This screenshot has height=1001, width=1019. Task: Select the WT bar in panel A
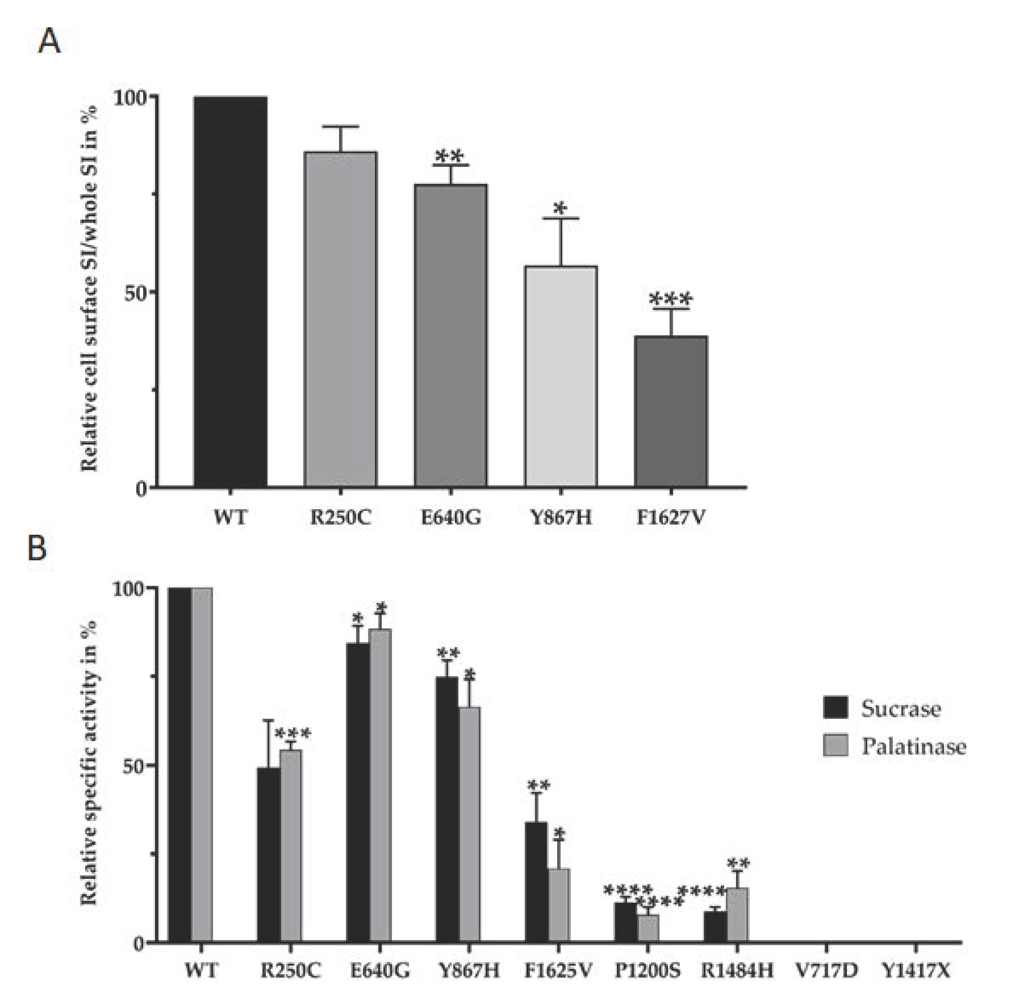point(230,292)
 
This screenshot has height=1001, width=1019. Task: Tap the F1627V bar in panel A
point(671,411)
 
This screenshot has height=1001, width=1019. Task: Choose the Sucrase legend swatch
point(835,708)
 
